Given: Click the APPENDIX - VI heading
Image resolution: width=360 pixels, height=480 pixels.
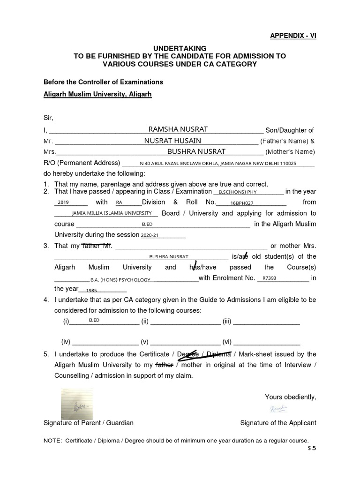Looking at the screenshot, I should (x=293, y=36).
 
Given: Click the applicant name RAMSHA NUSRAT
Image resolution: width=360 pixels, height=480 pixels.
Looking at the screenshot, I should (x=178, y=129).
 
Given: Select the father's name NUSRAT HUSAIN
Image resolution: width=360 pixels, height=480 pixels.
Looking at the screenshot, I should (x=172, y=141).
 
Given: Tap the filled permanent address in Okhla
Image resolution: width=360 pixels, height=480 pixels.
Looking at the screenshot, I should (x=218, y=164).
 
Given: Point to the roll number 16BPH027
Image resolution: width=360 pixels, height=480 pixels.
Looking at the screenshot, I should (x=242, y=203).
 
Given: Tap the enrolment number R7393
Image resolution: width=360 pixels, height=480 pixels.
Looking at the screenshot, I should (x=270, y=278).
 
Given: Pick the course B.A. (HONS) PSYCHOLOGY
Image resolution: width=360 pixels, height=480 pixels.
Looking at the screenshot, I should (x=120, y=280).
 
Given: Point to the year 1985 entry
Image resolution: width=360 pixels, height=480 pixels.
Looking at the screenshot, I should (x=91, y=291).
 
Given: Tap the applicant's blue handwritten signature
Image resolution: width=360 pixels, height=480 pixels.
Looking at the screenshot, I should (x=278, y=409).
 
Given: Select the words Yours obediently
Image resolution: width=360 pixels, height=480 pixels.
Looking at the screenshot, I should (x=290, y=397).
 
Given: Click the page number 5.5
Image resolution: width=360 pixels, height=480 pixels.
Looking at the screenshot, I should (x=312, y=448).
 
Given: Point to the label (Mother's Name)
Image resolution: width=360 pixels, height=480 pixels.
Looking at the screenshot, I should (x=290, y=152).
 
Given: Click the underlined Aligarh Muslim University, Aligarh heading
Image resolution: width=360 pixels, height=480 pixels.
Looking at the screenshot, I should (x=97, y=94).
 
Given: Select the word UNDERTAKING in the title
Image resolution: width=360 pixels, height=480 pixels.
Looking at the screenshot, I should (x=180, y=48).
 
